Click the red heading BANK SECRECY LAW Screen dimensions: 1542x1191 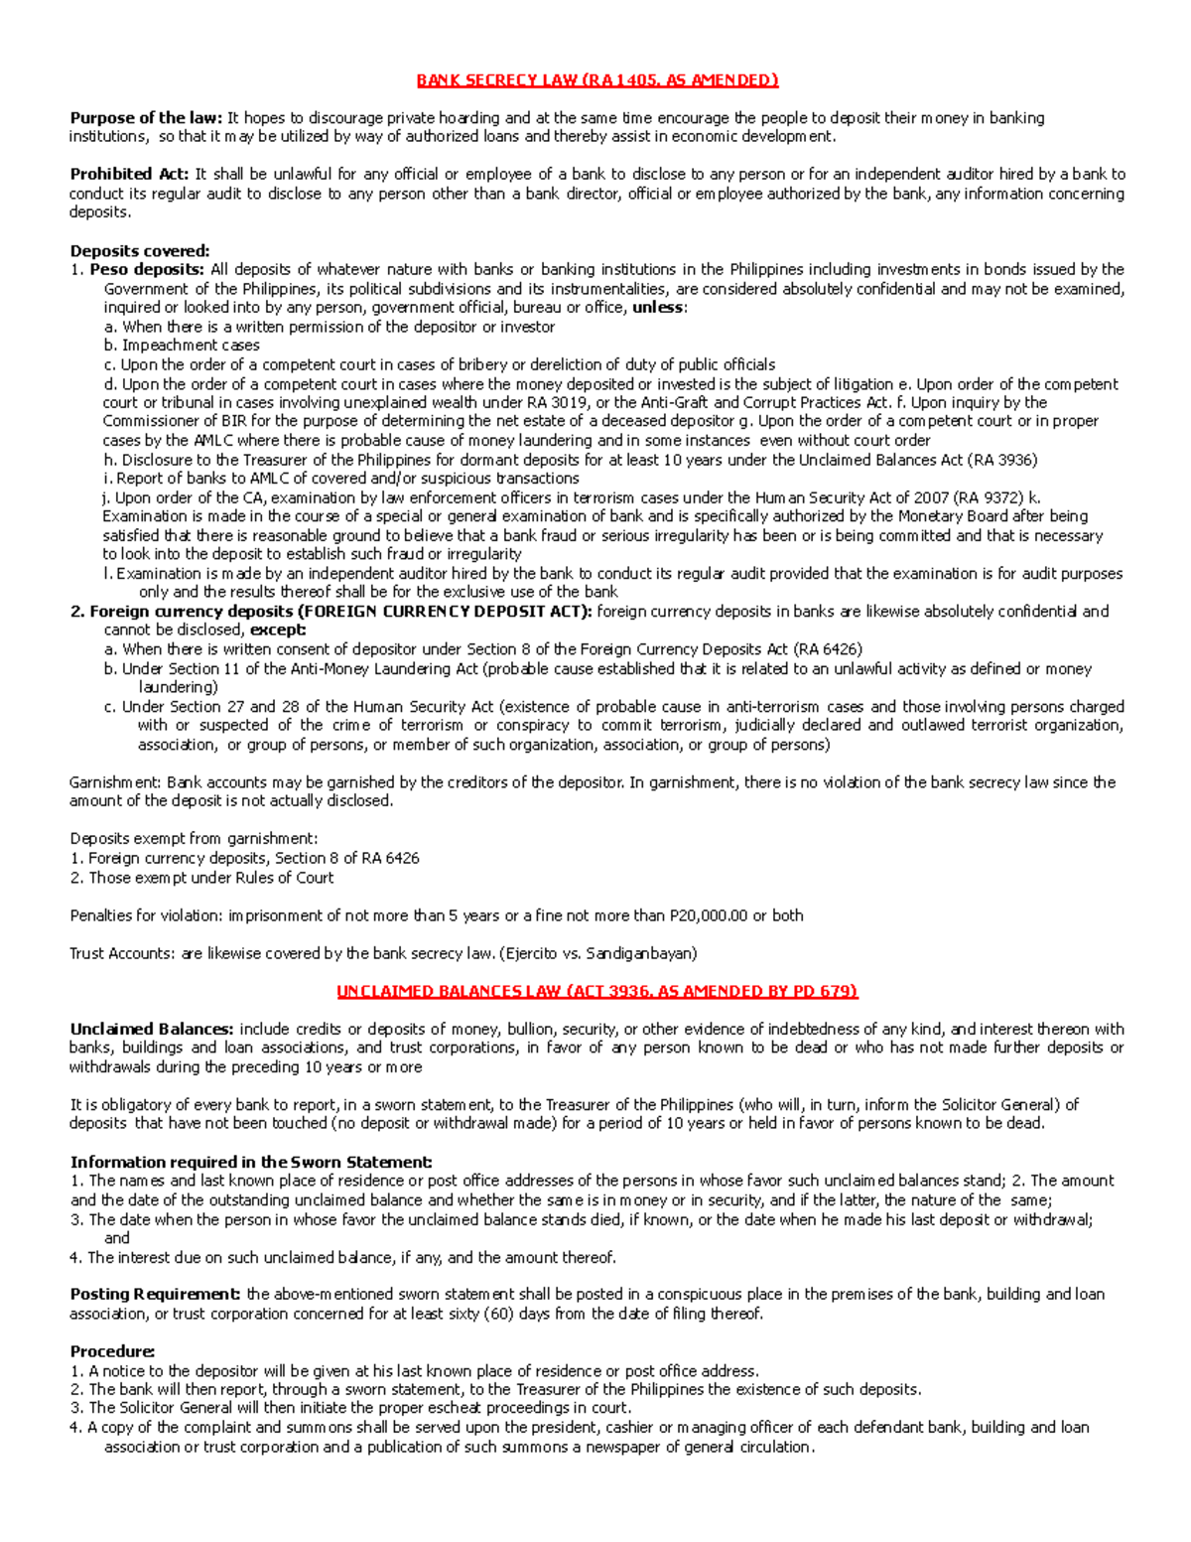point(596,80)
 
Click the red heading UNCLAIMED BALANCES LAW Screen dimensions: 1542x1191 point(596,991)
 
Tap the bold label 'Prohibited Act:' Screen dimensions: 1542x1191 point(129,175)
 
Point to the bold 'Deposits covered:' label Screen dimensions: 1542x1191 point(140,251)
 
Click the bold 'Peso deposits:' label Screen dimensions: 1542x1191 point(147,270)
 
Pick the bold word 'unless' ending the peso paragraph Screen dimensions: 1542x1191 point(658,308)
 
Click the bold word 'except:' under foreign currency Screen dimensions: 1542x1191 point(278,631)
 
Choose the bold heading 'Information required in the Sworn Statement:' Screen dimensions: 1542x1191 point(251,1163)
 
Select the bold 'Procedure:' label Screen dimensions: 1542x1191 point(112,1351)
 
